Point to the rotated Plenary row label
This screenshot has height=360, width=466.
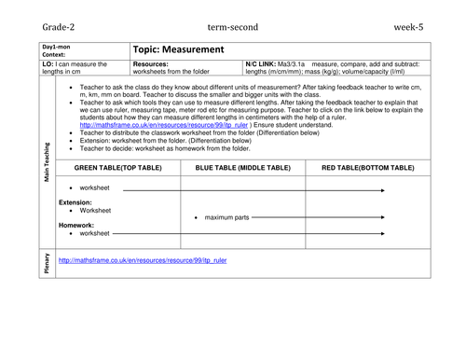click(x=48, y=264)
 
